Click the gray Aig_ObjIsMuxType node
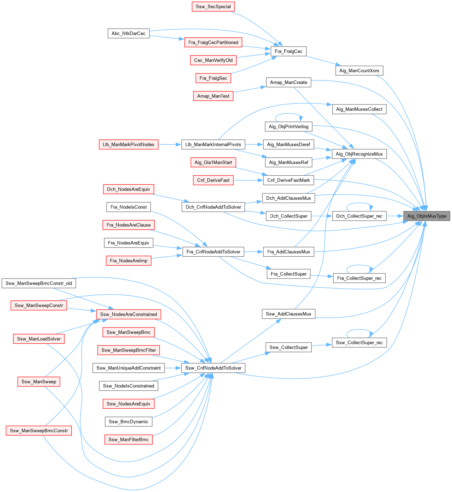[x=427, y=216]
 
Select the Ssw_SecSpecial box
[x=213, y=7]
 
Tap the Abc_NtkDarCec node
[x=129, y=34]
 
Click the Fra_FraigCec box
[x=289, y=52]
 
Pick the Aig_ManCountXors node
[x=359, y=71]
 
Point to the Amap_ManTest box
[x=213, y=96]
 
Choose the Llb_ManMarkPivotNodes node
[x=129, y=145]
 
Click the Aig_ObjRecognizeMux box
[x=359, y=154]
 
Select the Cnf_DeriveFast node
[x=213, y=180]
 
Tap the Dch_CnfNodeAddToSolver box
[x=213, y=207]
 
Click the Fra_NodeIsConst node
[x=129, y=207]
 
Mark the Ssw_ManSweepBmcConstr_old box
[x=39, y=283]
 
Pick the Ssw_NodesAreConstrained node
[x=129, y=314]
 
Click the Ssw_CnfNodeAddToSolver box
[x=213, y=368]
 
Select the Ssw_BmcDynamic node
[x=129, y=422]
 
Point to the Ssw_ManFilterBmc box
[x=129, y=440]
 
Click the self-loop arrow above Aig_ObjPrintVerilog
[x=289, y=114]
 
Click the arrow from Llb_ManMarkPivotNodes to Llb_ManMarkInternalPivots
[x=170, y=145]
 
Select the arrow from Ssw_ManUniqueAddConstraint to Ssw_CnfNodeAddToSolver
[x=173, y=368]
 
